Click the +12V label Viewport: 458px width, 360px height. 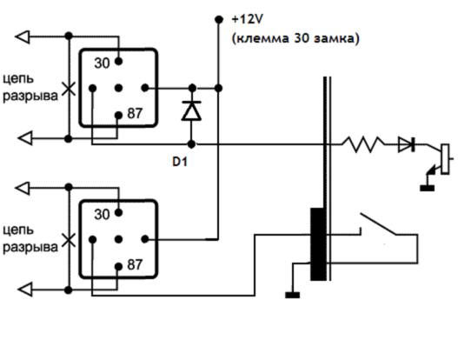point(248,19)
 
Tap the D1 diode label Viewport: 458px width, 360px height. point(180,162)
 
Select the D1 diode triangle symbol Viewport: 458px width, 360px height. point(191,110)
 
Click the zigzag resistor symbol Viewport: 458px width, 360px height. point(363,144)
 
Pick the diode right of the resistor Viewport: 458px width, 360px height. point(407,144)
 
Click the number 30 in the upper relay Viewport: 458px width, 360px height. point(102,63)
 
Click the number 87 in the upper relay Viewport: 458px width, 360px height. point(135,113)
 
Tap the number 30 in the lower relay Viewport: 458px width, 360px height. point(102,215)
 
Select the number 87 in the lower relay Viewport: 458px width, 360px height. point(135,264)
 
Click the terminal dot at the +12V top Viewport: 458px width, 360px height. point(219,19)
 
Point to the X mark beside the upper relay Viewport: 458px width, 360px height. point(69,89)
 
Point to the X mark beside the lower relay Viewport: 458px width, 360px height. point(69,240)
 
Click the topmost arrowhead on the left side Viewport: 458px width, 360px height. point(23,37)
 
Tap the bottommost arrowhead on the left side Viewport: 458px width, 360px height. point(25,290)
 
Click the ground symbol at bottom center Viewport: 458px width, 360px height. point(292,295)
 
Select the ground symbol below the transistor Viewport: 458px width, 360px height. point(427,188)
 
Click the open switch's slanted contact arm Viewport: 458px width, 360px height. point(378,223)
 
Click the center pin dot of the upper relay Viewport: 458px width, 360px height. point(118,88)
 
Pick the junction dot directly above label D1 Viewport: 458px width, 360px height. point(191,144)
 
